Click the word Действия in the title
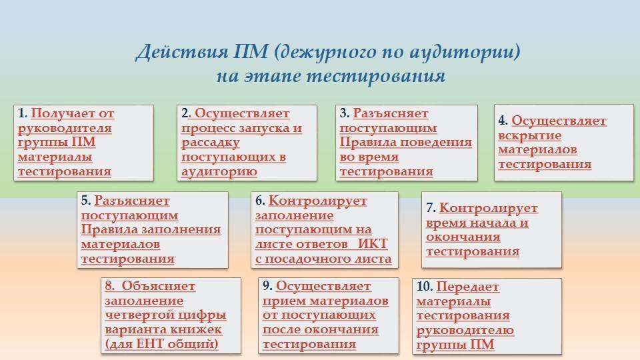(182, 51)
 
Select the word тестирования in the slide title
(375, 76)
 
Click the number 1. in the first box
(23, 113)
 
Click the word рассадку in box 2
(210, 143)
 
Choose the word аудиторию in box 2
(219, 171)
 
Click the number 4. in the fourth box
(503, 121)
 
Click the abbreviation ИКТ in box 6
(372, 244)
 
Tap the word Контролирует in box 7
(489, 208)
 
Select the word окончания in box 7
(463, 237)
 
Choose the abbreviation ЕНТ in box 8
(150, 344)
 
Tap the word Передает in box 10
(467, 287)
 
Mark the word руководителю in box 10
(465, 330)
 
